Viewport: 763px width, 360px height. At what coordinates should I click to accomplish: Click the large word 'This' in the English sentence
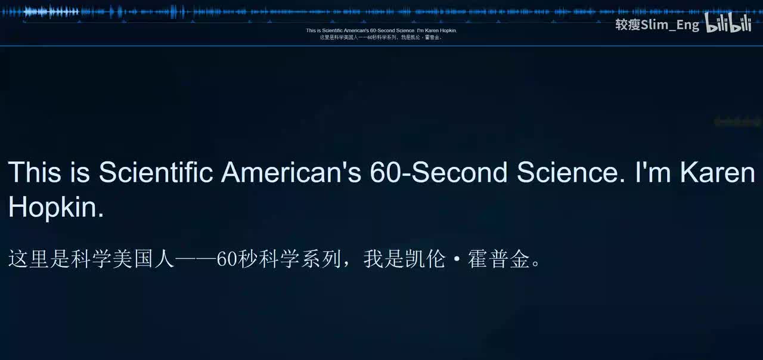(x=35, y=172)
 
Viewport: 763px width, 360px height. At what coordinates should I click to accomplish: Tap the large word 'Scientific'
(x=156, y=172)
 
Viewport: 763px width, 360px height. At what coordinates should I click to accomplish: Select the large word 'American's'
(x=291, y=172)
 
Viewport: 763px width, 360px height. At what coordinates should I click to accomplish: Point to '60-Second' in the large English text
(x=438, y=172)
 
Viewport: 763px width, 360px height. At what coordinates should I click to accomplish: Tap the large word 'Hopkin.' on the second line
(x=56, y=207)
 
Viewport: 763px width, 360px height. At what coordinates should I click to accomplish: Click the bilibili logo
(x=728, y=23)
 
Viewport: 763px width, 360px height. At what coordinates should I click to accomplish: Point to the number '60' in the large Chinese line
(x=227, y=260)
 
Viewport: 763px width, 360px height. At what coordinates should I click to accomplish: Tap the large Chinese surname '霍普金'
(x=500, y=260)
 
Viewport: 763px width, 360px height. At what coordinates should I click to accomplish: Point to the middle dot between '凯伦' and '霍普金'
(x=457, y=260)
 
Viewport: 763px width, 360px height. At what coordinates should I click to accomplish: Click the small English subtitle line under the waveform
(x=381, y=30)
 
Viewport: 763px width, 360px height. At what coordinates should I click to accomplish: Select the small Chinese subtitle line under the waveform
(x=381, y=38)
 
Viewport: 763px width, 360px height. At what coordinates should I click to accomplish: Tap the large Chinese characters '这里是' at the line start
(x=39, y=260)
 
